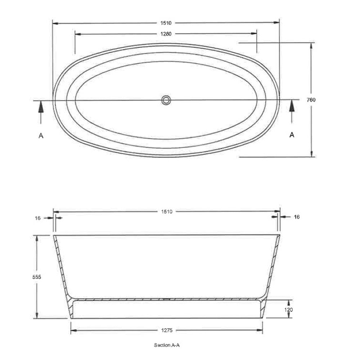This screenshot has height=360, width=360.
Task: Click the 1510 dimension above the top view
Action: [x=166, y=23]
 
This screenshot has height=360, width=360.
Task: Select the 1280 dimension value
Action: [x=166, y=34]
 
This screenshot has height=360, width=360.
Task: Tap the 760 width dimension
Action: [x=311, y=100]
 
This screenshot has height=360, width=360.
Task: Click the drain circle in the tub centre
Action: [x=166, y=100]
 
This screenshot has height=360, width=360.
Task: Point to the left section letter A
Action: [x=41, y=135]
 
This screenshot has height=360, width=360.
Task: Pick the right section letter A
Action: [x=292, y=135]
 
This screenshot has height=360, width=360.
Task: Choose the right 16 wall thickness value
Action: [x=297, y=217]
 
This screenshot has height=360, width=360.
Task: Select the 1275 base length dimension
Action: [x=166, y=330]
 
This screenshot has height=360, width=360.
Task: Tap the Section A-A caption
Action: [x=167, y=345]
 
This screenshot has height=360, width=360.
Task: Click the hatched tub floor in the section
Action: [x=166, y=299]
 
